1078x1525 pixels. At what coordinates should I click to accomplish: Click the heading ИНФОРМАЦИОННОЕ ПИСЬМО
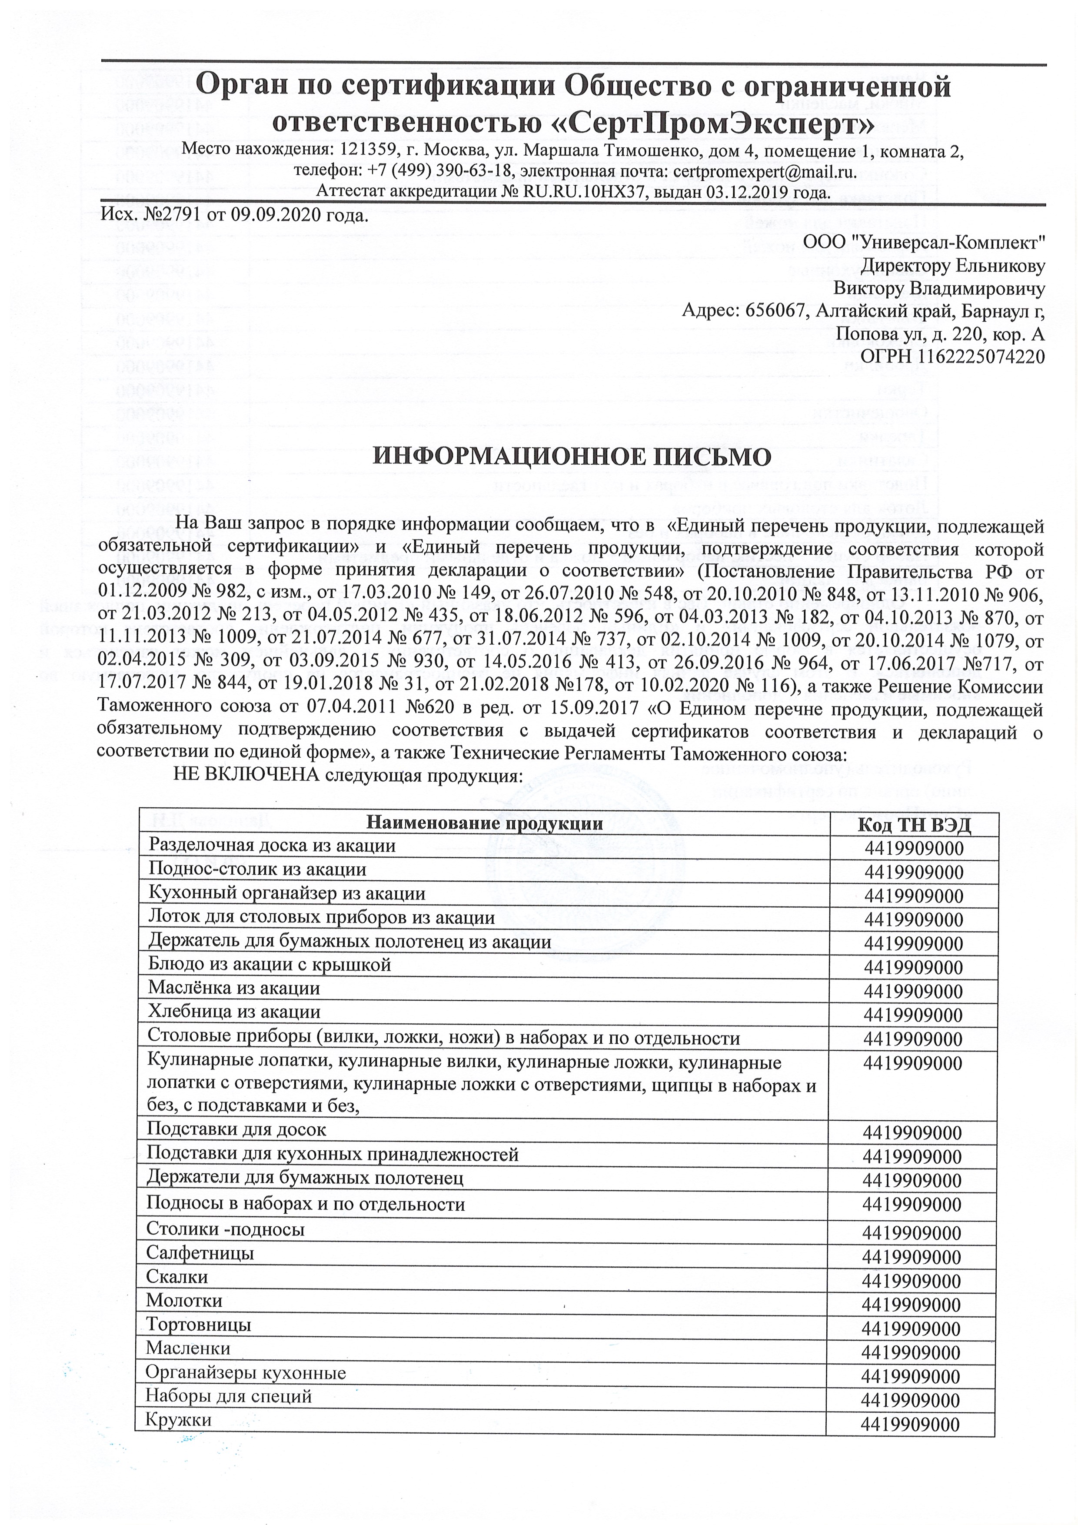tap(571, 457)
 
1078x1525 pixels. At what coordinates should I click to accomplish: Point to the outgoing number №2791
tap(171, 215)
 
